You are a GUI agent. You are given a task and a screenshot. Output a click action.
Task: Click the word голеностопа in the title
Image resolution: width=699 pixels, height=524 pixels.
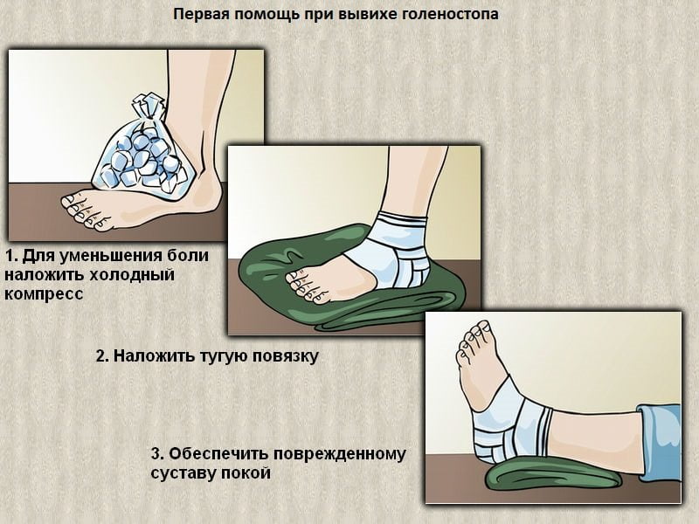click(450, 14)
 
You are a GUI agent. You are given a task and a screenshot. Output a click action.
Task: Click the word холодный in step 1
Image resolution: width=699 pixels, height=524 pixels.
click(132, 274)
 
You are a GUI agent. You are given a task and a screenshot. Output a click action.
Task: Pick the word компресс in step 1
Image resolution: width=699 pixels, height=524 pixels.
click(44, 294)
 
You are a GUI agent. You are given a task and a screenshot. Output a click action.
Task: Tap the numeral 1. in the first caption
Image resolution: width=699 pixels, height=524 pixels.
click(11, 256)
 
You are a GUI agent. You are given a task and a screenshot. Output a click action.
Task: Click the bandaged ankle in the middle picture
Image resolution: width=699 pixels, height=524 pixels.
click(391, 251)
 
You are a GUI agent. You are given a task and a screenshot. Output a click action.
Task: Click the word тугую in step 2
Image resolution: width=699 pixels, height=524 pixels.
click(228, 356)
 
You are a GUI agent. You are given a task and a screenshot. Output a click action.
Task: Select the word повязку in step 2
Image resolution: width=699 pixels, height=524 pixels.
click(290, 356)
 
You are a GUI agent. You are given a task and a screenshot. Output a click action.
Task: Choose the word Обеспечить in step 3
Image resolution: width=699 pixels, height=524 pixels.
click(218, 454)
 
